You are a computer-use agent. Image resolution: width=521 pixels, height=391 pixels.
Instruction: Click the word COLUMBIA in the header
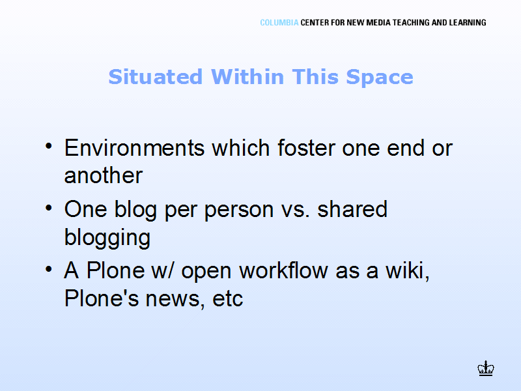pos(279,23)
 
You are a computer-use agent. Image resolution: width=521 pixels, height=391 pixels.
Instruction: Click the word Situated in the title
pos(156,77)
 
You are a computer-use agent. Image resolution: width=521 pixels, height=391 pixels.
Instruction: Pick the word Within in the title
pos(247,77)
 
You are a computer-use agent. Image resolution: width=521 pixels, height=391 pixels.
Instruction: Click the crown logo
pos(486,368)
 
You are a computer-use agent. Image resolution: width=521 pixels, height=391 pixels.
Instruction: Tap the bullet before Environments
pos(49,146)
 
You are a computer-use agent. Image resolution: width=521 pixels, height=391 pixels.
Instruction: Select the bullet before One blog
pos(49,208)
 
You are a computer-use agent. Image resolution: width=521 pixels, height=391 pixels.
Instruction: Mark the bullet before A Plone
pos(49,269)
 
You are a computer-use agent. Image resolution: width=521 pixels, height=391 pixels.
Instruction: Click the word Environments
pos(134,148)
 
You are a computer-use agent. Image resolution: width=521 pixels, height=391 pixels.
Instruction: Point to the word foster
pos(306,147)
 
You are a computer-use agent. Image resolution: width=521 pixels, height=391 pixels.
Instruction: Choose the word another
pos(104,175)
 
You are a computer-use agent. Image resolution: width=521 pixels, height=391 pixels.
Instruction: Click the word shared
pos(352,209)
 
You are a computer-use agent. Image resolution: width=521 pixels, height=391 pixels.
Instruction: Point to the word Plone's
pos(102,298)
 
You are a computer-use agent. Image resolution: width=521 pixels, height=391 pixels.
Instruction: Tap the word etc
pos(227,299)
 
